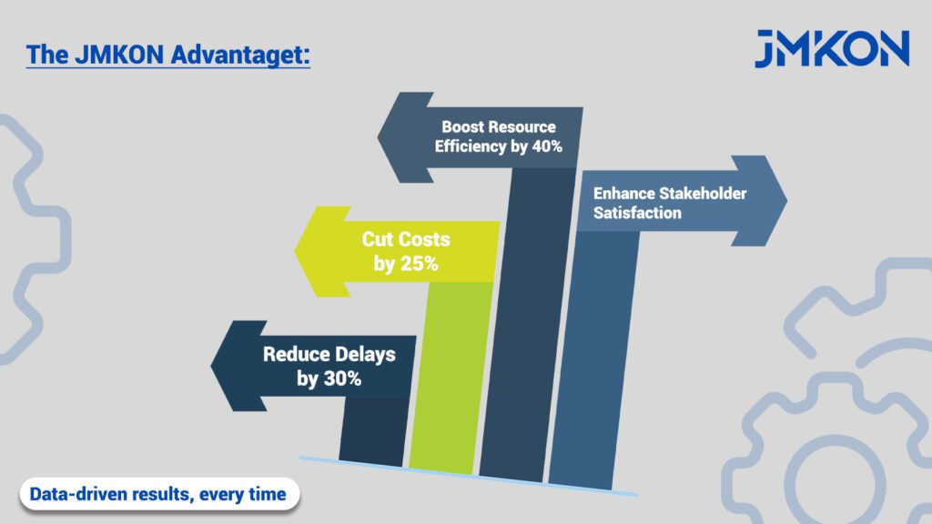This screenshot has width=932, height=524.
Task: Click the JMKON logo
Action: [832, 48]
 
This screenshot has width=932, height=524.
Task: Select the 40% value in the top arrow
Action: [547, 146]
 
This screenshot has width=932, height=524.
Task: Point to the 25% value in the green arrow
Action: [420, 263]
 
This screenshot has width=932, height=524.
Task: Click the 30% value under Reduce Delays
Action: [343, 378]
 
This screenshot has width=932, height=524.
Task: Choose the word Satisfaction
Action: [637, 213]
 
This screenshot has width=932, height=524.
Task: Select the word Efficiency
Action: [471, 146]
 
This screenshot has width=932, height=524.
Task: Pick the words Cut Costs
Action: [406, 239]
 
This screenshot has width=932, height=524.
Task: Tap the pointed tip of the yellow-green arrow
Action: [296, 251]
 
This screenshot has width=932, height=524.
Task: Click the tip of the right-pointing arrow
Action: [786, 201]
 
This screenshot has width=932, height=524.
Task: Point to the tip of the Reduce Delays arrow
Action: [211, 366]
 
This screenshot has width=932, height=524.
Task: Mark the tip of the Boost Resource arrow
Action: [378, 137]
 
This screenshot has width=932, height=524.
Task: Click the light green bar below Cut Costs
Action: [451, 378]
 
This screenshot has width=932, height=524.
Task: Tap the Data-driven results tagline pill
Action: [159, 494]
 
